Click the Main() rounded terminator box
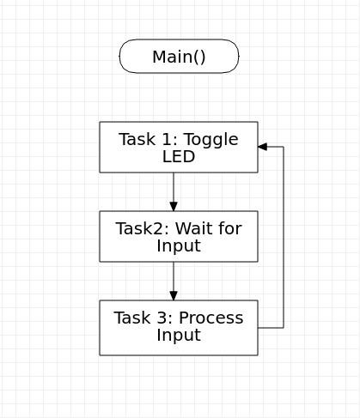179,57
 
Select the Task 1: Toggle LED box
179,147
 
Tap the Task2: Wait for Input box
179,236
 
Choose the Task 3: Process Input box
179,327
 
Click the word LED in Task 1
179,157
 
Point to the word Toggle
210,140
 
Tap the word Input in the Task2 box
179,246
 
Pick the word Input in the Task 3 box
179,336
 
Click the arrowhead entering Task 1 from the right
262,147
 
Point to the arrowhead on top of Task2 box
174,206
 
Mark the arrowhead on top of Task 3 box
174,295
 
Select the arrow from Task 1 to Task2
174,189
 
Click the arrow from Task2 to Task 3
174,279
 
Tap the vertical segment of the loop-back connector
284,236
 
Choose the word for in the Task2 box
229,228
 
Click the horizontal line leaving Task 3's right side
271,327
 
